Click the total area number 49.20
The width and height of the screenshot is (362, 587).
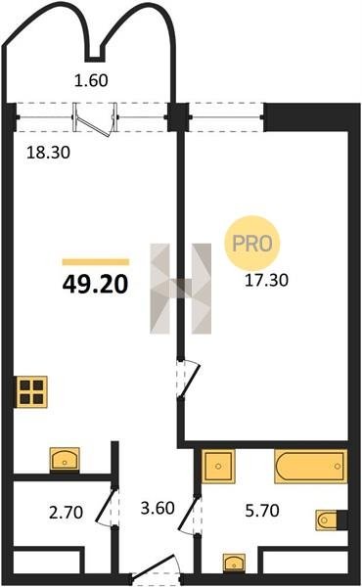click(x=96, y=284)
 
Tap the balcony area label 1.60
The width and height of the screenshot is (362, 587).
click(x=91, y=80)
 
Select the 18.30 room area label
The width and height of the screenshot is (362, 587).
click(x=48, y=153)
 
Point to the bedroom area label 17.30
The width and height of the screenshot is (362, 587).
click(x=266, y=280)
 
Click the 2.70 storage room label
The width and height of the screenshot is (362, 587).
click(x=66, y=512)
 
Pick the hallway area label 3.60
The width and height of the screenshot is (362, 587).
click(x=158, y=508)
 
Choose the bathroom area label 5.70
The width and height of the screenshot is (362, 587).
click(x=262, y=511)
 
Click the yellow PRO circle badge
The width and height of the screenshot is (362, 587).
click(x=252, y=244)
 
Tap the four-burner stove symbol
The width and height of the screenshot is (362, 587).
click(x=31, y=391)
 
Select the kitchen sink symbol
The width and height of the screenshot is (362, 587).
click(x=65, y=459)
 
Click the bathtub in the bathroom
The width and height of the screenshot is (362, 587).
click(x=311, y=466)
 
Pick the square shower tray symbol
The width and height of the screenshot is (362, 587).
click(x=218, y=466)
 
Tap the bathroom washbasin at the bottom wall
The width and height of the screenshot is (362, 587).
click(x=235, y=564)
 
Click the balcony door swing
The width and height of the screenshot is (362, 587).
click(x=94, y=119)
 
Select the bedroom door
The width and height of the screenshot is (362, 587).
click(x=189, y=379)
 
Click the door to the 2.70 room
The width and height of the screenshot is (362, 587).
click(x=107, y=506)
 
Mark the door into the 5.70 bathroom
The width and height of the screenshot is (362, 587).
click(x=189, y=515)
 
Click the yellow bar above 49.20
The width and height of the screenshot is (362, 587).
click(x=96, y=262)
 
